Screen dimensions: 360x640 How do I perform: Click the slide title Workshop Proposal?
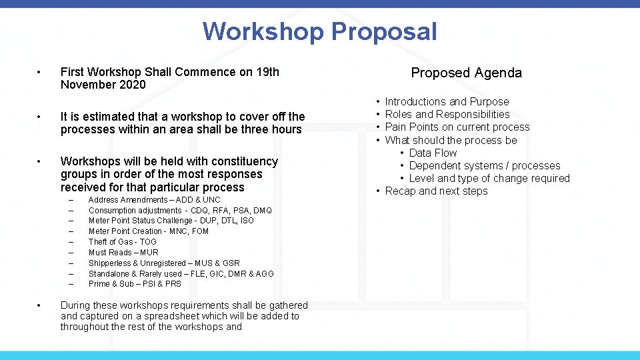[x=320, y=31]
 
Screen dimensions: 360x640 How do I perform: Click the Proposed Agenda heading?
[x=466, y=73]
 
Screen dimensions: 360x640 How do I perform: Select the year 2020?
[x=132, y=85]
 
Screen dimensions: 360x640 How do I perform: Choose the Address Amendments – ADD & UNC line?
[x=154, y=200]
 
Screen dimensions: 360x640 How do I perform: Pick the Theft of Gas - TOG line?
[x=123, y=242]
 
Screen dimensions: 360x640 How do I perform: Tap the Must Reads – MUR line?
[x=123, y=253]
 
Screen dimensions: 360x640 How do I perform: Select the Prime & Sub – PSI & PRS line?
[x=135, y=284]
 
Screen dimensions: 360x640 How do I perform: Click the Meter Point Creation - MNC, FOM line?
[x=149, y=231]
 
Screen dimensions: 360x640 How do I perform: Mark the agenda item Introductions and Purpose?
[x=447, y=102]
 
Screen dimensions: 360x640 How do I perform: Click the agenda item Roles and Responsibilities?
[x=447, y=115]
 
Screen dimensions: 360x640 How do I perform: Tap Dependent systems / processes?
[x=485, y=166]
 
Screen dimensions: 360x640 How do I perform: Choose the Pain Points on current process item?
[x=457, y=127]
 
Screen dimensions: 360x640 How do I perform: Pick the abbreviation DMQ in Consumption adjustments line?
[x=263, y=211]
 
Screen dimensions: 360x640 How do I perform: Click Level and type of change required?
[x=489, y=179]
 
